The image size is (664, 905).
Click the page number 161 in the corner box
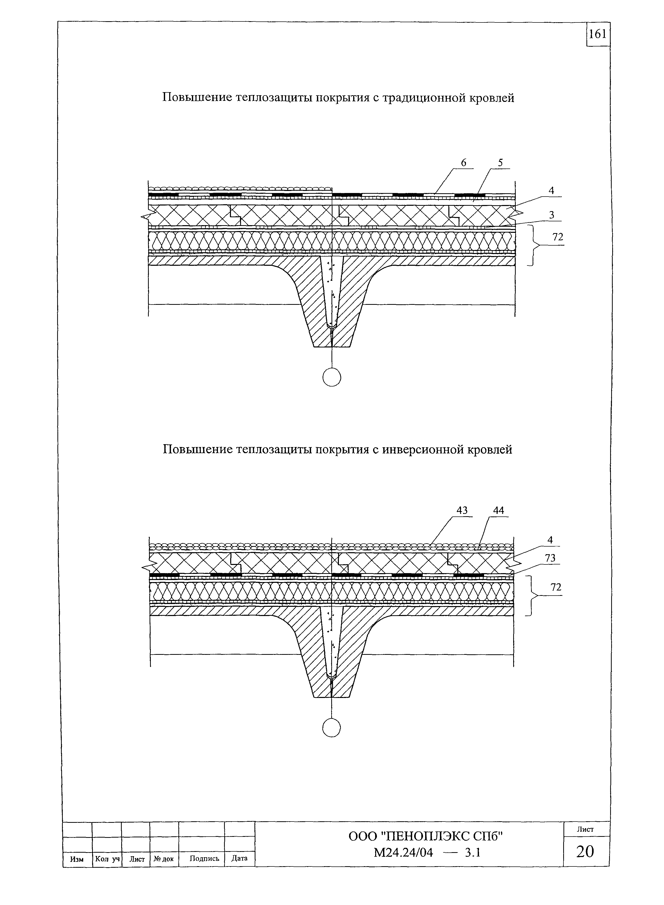pyautogui.click(x=597, y=34)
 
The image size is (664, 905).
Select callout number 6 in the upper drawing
pyautogui.click(x=463, y=163)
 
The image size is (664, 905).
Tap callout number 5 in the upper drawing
pyautogui.click(x=500, y=163)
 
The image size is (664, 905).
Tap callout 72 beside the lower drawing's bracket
pyautogui.click(x=556, y=587)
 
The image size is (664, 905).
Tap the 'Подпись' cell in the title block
pyautogui.click(x=204, y=858)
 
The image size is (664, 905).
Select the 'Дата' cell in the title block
pyautogui.click(x=240, y=858)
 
